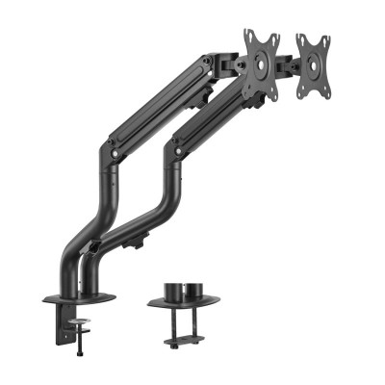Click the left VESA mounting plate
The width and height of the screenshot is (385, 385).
pos(261,64)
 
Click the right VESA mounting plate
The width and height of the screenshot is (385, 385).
pos(314,67)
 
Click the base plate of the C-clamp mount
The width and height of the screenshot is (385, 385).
pos(79,297)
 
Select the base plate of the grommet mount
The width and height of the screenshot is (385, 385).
pos(183,302)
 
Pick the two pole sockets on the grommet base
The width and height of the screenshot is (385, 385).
pos(183,289)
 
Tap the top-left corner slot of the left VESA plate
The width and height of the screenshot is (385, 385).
pos(246,36)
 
